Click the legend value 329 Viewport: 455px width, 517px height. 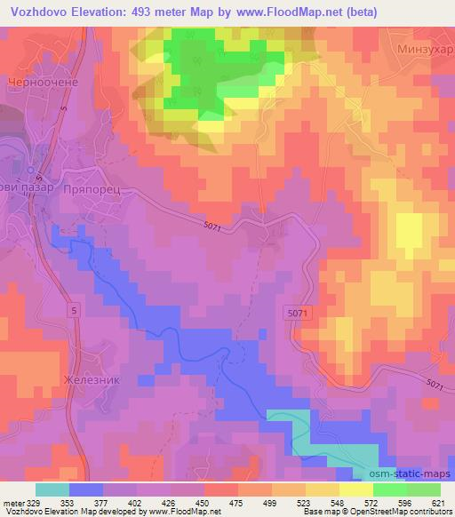pyautogui.click(x=34, y=503)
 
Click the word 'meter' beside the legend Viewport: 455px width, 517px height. pyautogui.click(x=12, y=503)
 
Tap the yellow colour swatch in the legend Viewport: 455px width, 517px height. pyautogui.click(x=355, y=489)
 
